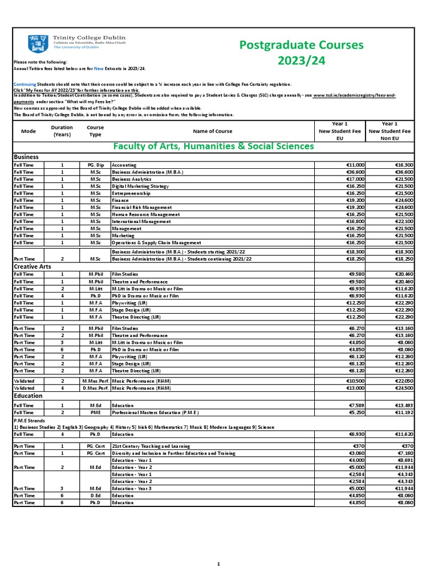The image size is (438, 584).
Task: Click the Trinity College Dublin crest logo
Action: tap(34, 42)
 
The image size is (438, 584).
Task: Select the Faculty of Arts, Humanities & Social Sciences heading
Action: tap(213, 147)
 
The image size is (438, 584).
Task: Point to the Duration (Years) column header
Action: tap(62, 131)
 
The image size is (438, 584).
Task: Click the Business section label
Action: tap(26, 156)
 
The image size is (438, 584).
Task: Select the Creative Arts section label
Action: tap(33, 266)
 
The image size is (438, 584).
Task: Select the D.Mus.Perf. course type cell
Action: tap(95, 388)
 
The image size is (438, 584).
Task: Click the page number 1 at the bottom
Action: tap(218, 564)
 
